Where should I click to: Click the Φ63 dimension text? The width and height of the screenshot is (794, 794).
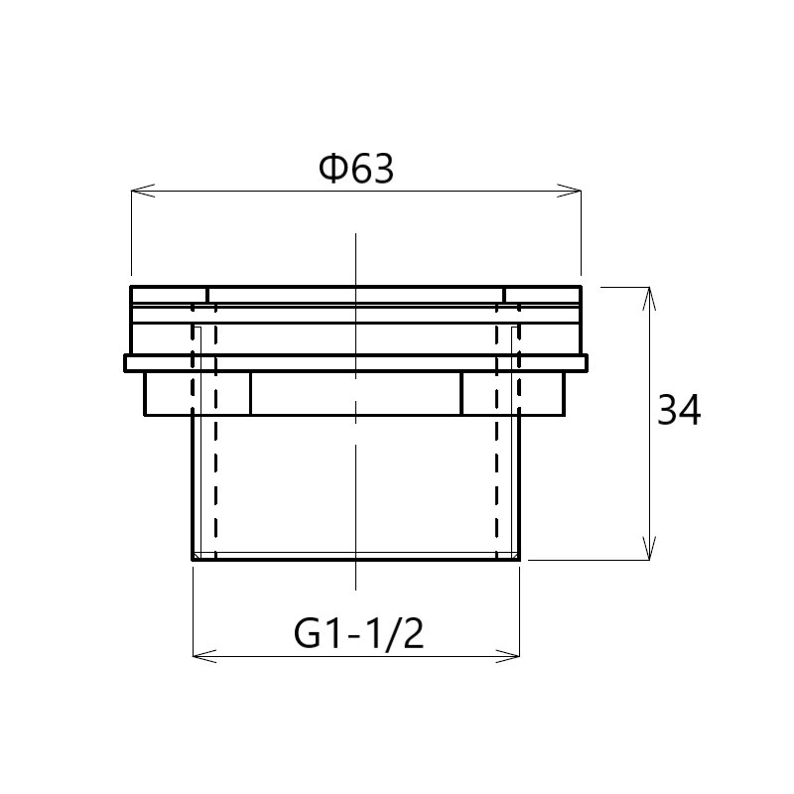click(x=356, y=170)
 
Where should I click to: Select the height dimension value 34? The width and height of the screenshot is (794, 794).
click(x=679, y=410)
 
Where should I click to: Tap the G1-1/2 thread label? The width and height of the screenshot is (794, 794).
click(x=359, y=633)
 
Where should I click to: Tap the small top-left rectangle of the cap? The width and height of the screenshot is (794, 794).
click(x=169, y=295)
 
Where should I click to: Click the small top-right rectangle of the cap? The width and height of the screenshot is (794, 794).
click(x=543, y=295)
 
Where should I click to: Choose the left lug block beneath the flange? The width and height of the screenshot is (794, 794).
click(x=197, y=394)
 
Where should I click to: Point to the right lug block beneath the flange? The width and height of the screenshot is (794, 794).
click(x=513, y=394)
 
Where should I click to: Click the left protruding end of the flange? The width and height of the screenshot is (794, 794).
click(x=128, y=363)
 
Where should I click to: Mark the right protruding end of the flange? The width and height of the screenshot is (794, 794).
click(x=586, y=363)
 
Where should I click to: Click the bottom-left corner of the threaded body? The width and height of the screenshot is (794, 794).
click(x=193, y=559)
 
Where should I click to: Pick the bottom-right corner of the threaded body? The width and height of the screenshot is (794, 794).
click(x=520, y=559)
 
